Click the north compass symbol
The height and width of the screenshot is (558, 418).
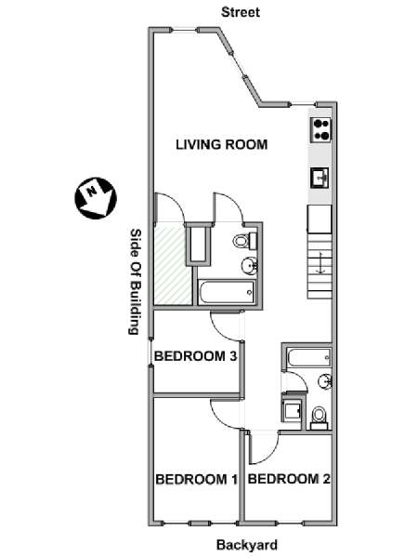tap(96, 198)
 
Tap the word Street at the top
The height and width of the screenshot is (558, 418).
tap(241, 12)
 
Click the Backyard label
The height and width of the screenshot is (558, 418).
tap(247, 545)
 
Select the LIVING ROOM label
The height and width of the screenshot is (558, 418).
tap(222, 144)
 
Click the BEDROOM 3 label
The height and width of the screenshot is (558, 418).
tap(195, 356)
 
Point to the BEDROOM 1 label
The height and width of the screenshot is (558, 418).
tap(197, 479)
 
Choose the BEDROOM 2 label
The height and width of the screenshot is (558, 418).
tap(289, 479)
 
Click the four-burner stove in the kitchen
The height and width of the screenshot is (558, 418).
tap(321, 130)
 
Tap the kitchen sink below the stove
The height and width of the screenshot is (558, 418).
tap(320, 178)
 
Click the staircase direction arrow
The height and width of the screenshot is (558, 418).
tap(320, 263)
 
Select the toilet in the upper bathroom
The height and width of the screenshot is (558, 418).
tap(245, 241)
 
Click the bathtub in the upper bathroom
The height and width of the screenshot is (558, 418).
tap(227, 293)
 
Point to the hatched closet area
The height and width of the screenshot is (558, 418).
tap(172, 264)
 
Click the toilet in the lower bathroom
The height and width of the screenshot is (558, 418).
tap(319, 418)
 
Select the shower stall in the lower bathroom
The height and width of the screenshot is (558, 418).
tap(292, 411)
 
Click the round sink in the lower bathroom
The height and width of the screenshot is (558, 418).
tap(325, 381)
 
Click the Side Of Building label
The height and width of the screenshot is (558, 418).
tap(136, 281)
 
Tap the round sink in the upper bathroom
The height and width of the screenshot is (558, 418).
tap(250, 265)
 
